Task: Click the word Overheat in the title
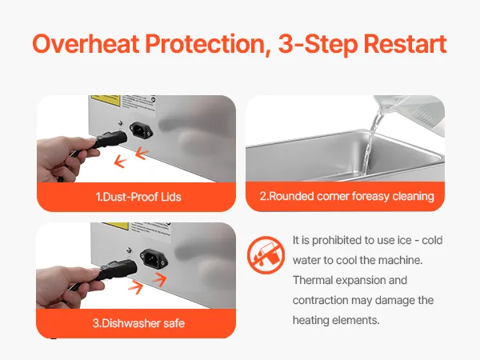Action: [x=86, y=43]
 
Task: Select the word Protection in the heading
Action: [x=208, y=43]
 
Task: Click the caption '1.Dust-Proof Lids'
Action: [x=138, y=197]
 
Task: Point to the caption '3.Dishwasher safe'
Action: [x=138, y=323]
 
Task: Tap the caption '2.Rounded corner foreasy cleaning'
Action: [x=347, y=196]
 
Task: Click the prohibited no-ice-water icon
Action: [x=266, y=254]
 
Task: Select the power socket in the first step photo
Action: [x=141, y=130]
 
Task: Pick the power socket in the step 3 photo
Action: [x=154, y=259]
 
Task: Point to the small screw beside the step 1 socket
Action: [x=121, y=123]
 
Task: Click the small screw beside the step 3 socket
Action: [x=129, y=250]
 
